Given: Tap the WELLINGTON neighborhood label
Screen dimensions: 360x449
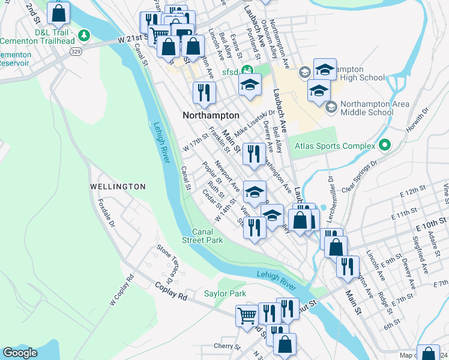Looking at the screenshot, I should [118, 187].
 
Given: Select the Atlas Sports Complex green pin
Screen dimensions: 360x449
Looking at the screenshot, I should [385, 146].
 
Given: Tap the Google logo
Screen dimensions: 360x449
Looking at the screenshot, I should [20, 353].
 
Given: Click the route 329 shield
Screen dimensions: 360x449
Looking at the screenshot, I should [76, 52].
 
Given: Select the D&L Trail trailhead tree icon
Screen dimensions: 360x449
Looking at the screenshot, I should [85, 35].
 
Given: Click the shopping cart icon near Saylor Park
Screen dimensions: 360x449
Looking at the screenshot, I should [247, 315].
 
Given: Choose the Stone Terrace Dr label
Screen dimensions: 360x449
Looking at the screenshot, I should [165, 264].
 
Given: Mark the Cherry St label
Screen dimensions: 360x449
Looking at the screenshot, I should [227, 346].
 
